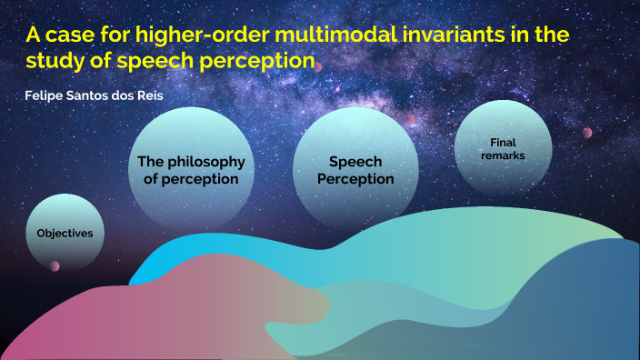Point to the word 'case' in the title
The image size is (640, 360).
[x=75, y=37]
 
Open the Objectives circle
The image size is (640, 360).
[x=65, y=233]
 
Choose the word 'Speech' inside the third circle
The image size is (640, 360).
[x=355, y=162]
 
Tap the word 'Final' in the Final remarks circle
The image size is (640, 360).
[x=503, y=142]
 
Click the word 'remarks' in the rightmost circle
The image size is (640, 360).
[x=503, y=155]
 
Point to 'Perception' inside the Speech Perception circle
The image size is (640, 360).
[x=355, y=179]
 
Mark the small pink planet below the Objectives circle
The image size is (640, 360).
[x=55, y=265]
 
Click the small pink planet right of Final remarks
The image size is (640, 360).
[x=587, y=133]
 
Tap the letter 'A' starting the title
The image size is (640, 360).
[x=32, y=37]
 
